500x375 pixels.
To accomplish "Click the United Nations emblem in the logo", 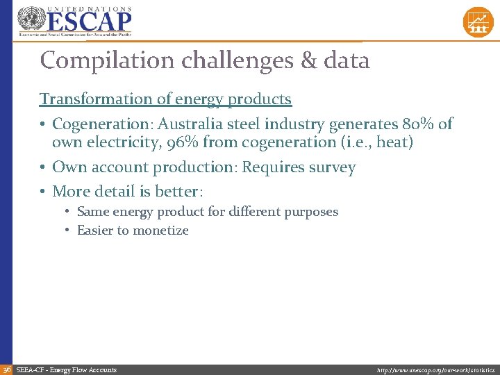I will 30,19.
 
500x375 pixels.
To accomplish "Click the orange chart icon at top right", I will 478,22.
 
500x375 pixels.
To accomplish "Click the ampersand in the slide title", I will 308,60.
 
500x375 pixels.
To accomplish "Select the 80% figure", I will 419,124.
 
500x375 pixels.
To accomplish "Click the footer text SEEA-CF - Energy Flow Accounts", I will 66,370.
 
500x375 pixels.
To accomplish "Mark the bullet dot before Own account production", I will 43,168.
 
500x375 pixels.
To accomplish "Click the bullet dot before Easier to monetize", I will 67,231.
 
